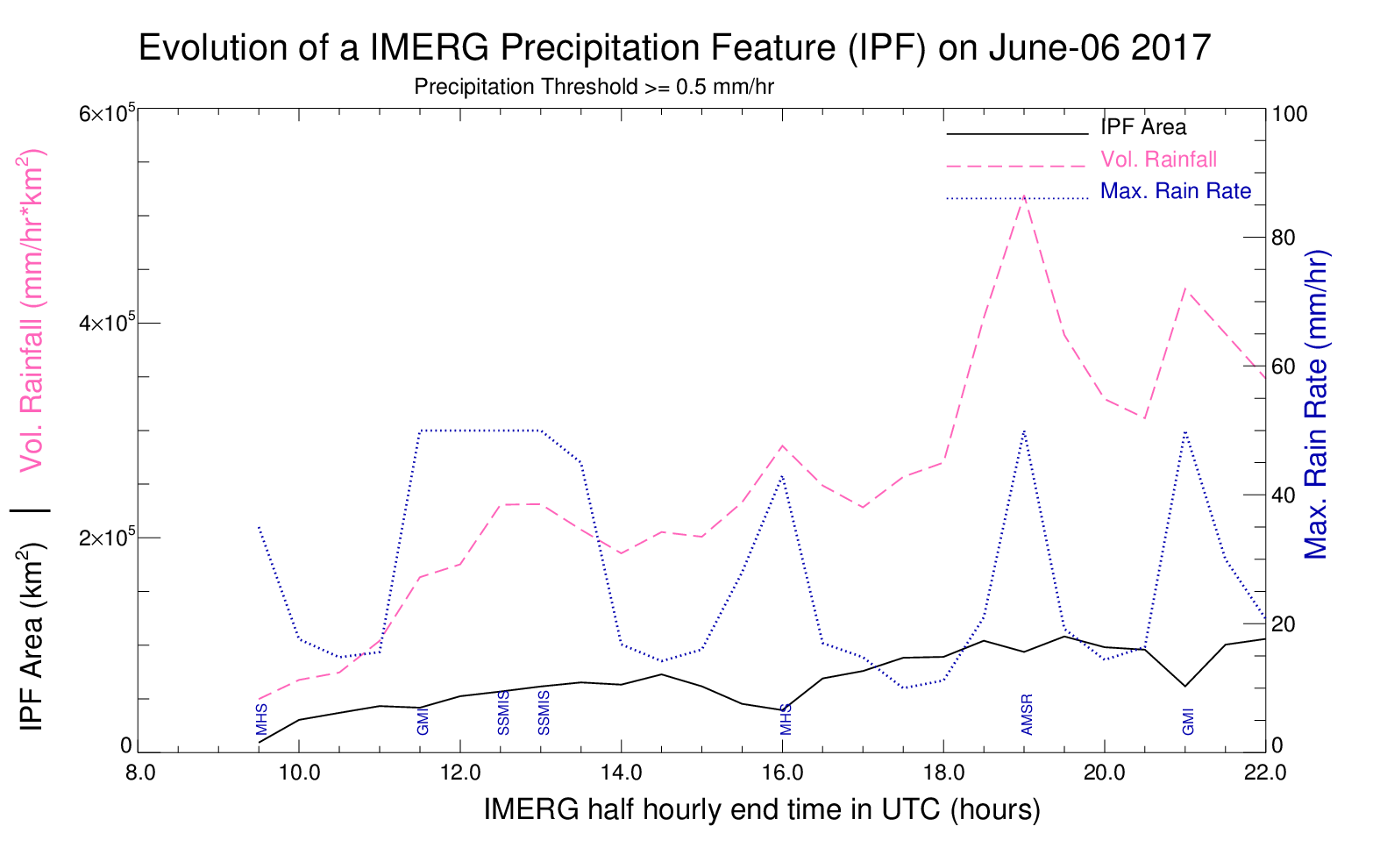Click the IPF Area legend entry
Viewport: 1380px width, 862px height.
(1142, 127)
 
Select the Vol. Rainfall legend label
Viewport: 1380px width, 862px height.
(1159, 160)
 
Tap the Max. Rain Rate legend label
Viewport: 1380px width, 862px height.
(1176, 192)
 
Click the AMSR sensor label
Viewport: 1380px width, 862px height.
(1027, 714)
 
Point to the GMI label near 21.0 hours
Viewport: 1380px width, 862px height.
(1188, 722)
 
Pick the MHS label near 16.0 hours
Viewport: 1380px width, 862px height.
(786, 720)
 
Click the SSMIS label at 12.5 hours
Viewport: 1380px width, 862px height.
(503, 713)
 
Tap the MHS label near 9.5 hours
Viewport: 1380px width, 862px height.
(261, 720)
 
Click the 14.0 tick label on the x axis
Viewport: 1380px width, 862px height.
(622, 773)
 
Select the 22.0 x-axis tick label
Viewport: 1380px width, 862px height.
(1265, 773)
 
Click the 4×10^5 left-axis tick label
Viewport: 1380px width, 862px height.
(106, 321)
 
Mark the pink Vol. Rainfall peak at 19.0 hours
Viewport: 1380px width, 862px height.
(1023, 196)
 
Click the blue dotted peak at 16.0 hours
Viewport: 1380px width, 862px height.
(782, 475)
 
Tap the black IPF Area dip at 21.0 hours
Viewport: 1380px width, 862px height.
(1184, 686)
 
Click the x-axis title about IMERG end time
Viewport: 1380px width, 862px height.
(762, 809)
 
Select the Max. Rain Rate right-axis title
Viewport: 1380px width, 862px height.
(1316, 405)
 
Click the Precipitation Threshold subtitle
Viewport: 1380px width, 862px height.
(594, 87)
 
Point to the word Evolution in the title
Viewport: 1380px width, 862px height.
(213, 47)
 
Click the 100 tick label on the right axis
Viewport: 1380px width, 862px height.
(1289, 114)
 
